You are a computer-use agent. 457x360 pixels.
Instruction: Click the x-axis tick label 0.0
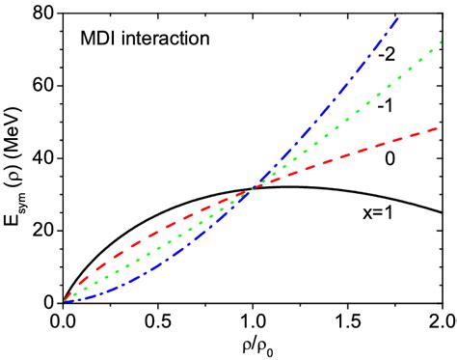(x=63, y=319)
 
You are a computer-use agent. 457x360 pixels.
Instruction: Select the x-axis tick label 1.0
(x=253, y=319)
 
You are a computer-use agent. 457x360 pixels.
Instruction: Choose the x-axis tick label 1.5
(x=347, y=319)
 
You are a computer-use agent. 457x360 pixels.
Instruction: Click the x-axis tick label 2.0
(x=441, y=319)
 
